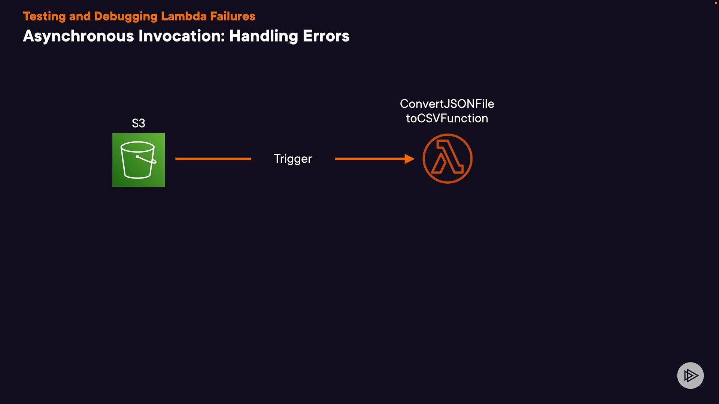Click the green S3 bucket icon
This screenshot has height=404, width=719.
pyautogui.click(x=139, y=160)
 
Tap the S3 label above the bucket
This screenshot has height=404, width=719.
pyautogui.click(x=139, y=123)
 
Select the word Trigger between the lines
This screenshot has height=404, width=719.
pyautogui.click(x=292, y=159)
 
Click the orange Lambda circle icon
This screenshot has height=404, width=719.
pyautogui.click(x=448, y=159)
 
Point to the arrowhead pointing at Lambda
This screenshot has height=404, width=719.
pyautogui.click(x=410, y=159)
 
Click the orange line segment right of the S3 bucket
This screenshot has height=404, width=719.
pyautogui.click(x=213, y=159)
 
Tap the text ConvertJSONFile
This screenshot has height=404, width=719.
pyautogui.click(x=447, y=104)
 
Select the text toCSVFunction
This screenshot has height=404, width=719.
pyautogui.click(x=447, y=119)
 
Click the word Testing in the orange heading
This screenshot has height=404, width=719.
pyautogui.click(x=44, y=16)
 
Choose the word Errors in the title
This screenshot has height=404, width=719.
pyautogui.click(x=326, y=36)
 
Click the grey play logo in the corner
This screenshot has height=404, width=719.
pyautogui.click(x=690, y=375)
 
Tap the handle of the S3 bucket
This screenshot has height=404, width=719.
pyautogui.click(x=146, y=160)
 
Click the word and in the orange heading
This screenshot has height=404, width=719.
pyautogui.click(x=80, y=16)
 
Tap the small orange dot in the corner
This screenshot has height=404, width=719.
pyautogui.click(x=716, y=3)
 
